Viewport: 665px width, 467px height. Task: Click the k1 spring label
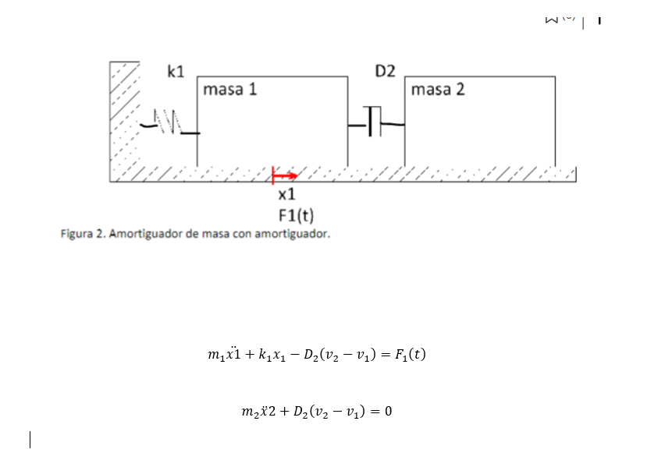[x=176, y=72]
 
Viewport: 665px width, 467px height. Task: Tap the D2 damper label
[x=385, y=72]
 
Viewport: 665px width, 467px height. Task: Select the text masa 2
[x=437, y=90]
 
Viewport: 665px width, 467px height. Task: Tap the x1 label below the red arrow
[x=286, y=193]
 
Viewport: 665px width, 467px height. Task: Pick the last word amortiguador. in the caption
[x=292, y=233]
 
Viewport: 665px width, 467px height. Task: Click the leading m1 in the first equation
[x=216, y=356]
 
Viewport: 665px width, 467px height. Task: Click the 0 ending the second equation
[x=388, y=411]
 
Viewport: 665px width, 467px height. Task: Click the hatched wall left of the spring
[x=123, y=117]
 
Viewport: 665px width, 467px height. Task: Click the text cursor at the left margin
[x=30, y=440]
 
